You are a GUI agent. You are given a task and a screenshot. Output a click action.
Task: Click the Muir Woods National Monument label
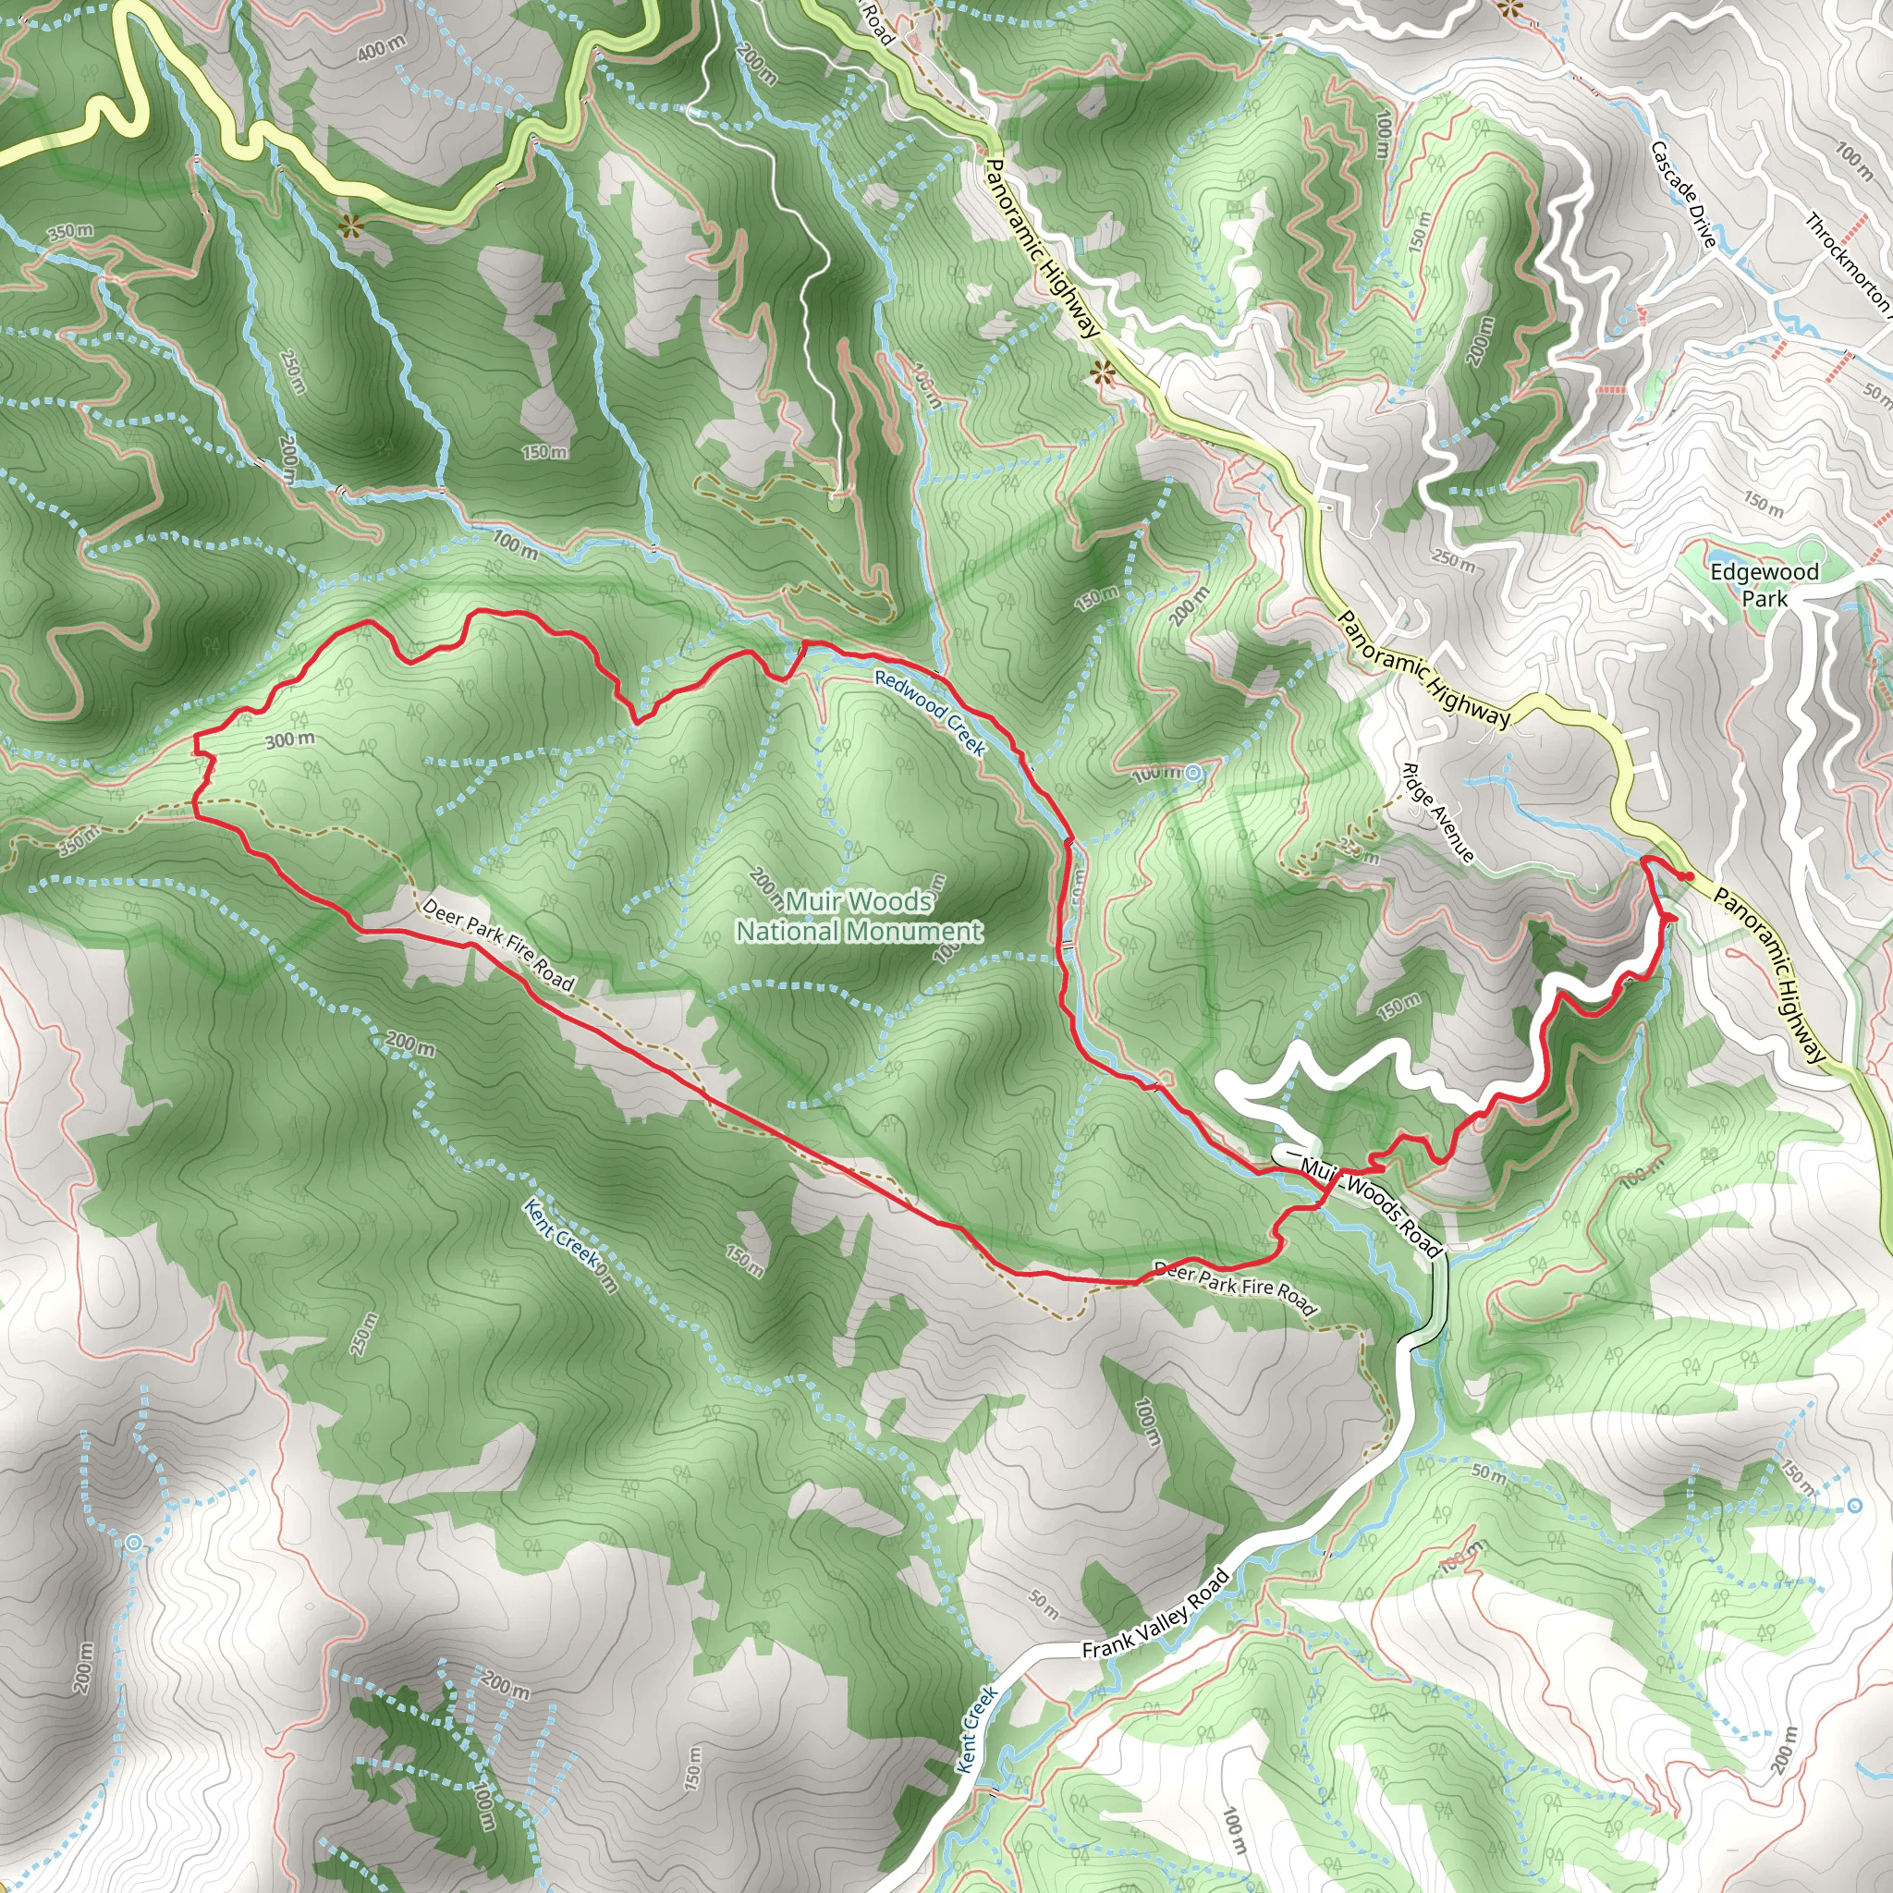[x=859, y=915]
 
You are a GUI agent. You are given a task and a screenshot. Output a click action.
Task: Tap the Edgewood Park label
[x=1764, y=585]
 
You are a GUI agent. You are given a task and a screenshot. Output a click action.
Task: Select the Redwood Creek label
[x=930, y=713]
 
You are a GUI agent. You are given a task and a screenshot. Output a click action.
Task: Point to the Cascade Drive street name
[x=1683, y=194]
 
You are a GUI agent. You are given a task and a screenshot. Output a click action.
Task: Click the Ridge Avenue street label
[x=1437, y=812]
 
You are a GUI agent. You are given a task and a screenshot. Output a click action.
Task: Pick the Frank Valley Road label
[x=1155, y=1614]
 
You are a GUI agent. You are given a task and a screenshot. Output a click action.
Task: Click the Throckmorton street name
[x=1848, y=262]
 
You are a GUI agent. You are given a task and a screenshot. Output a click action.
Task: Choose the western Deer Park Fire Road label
[x=498, y=945]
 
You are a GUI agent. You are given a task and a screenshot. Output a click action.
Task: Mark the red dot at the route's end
[x=1690, y=876]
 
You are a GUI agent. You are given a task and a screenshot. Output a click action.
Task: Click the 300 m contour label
[x=290, y=739]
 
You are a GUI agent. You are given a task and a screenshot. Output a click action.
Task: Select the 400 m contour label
[x=380, y=47]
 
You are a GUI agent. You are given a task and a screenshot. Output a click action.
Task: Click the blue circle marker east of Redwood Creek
[x=1192, y=774]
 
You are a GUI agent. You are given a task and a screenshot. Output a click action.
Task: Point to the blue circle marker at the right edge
[x=1854, y=1506]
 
